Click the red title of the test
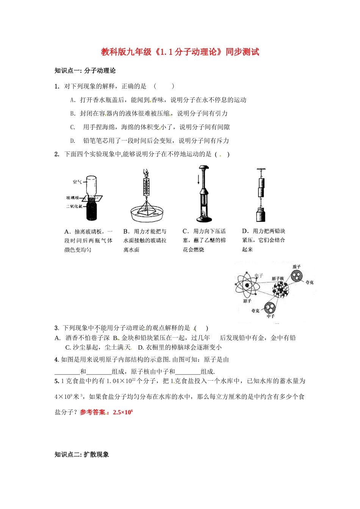pos(180,52)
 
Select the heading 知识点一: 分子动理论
pos(85,71)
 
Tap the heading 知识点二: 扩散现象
pos(82,454)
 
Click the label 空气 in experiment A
pos(77,182)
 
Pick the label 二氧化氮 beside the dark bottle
pos(74,207)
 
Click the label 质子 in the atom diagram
pos(296,267)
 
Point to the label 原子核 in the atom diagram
pos(277,279)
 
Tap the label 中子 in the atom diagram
pos(271,316)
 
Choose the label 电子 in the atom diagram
pos(259,276)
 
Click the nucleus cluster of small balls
pos(280,290)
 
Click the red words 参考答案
pos(92,412)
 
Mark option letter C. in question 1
pos(73,127)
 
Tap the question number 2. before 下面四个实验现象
pos(57,154)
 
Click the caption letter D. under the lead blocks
pos(245,231)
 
